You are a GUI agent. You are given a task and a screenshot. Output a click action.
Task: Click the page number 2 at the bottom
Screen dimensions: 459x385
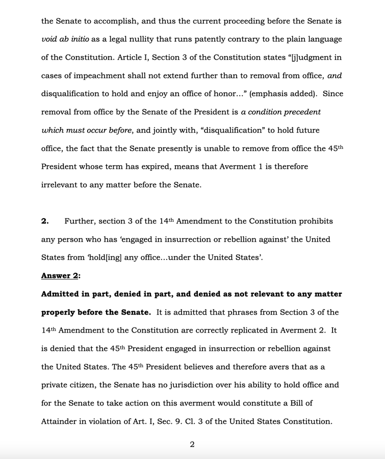[x=192, y=444]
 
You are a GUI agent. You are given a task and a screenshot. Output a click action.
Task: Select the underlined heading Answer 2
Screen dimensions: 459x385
[x=60, y=276]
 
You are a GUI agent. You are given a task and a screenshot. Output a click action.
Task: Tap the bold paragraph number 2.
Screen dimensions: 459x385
[x=45, y=221]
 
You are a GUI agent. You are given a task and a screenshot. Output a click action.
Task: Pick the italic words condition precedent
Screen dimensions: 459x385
[x=285, y=112]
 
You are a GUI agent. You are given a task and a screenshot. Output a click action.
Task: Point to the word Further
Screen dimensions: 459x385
[x=80, y=221]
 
